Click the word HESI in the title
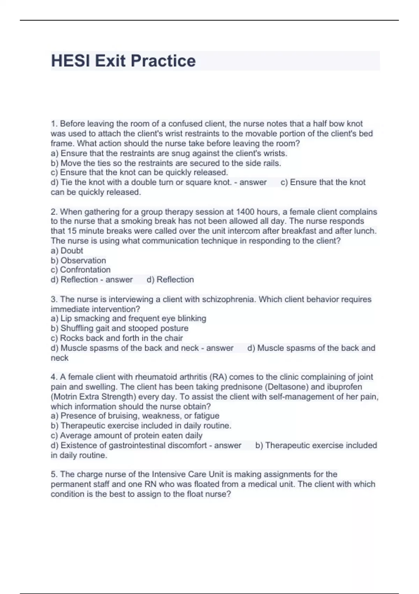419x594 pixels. coord(71,61)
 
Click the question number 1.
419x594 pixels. coord(54,124)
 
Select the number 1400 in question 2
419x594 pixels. coord(245,212)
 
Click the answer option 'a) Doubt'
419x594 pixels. coord(67,251)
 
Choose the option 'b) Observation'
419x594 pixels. coord(78,260)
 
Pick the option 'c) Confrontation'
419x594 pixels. coord(80,270)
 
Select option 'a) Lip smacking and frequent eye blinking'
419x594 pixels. coord(128,318)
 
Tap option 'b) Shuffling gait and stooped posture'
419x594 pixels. coord(119,328)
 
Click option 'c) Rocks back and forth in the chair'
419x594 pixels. coord(117,338)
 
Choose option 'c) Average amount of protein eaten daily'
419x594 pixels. coord(126,435)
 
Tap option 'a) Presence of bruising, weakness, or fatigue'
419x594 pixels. coord(135,416)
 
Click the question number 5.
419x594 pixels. coord(54,475)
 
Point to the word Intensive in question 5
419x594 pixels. coord(169,475)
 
